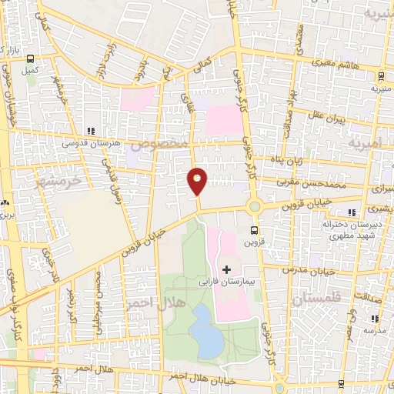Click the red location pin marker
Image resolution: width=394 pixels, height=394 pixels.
tap(198, 181)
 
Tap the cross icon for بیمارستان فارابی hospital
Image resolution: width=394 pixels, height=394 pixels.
tap(226, 269)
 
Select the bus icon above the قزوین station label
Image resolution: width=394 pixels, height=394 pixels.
tap(255, 229)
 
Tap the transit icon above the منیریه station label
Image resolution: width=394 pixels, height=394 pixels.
tap(381, 75)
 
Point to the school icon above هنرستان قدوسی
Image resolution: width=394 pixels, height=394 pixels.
tap(91, 131)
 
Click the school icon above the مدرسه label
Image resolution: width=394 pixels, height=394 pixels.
tap(375, 318)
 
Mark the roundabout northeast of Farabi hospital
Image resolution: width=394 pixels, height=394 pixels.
tap(254, 205)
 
